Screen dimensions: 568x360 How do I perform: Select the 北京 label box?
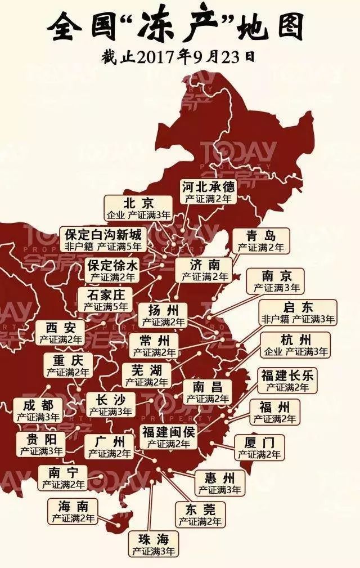point(138,208)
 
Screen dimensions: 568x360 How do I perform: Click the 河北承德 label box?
point(208,192)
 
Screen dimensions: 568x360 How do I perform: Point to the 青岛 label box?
point(260,241)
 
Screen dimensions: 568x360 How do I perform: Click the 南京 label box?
point(277,281)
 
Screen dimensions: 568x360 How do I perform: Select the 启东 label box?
point(298,312)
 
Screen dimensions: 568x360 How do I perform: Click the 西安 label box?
point(60,333)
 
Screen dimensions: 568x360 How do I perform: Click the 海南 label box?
point(73,511)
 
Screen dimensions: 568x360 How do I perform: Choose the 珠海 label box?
point(153,544)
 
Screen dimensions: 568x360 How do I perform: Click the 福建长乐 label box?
point(287,381)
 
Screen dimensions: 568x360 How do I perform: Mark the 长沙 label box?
point(111,405)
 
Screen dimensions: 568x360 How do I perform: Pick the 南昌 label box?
point(208,392)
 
